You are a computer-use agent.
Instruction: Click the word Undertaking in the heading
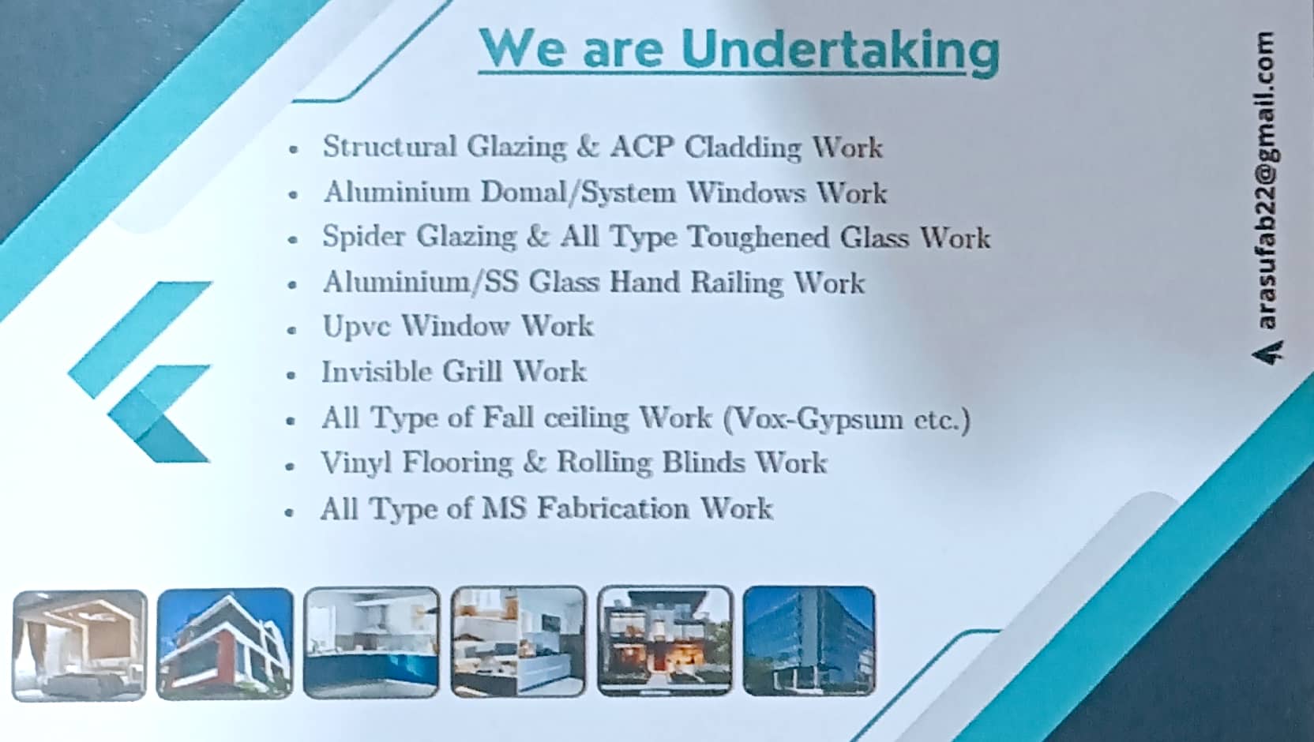[x=840, y=51]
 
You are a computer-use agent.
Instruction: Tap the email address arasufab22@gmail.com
[x=1267, y=181]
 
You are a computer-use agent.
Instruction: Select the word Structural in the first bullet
[x=389, y=146]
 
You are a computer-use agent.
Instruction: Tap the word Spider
[x=364, y=237]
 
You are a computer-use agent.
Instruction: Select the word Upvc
[x=356, y=327]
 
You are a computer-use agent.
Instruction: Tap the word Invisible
[x=376, y=371]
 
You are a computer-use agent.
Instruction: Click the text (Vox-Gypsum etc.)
[x=847, y=419]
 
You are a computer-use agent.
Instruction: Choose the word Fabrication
[x=613, y=508]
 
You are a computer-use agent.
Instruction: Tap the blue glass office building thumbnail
[x=809, y=640]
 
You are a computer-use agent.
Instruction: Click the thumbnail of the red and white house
[x=225, y=644]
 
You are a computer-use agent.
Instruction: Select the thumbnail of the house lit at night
[x=665, y=641]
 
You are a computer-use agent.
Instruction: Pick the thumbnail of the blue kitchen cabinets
[x=371, y=643]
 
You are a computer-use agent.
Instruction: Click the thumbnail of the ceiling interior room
[x=80, y=646]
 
